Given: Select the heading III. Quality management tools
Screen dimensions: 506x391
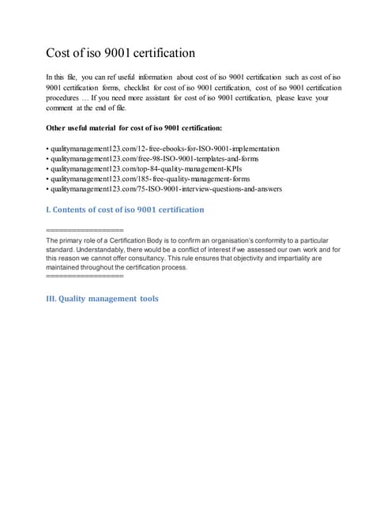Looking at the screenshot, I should tap(103, 299).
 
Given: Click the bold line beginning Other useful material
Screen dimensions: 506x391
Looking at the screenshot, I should tap(134, 128).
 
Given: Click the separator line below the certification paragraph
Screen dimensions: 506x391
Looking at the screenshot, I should tap(85, 277).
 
